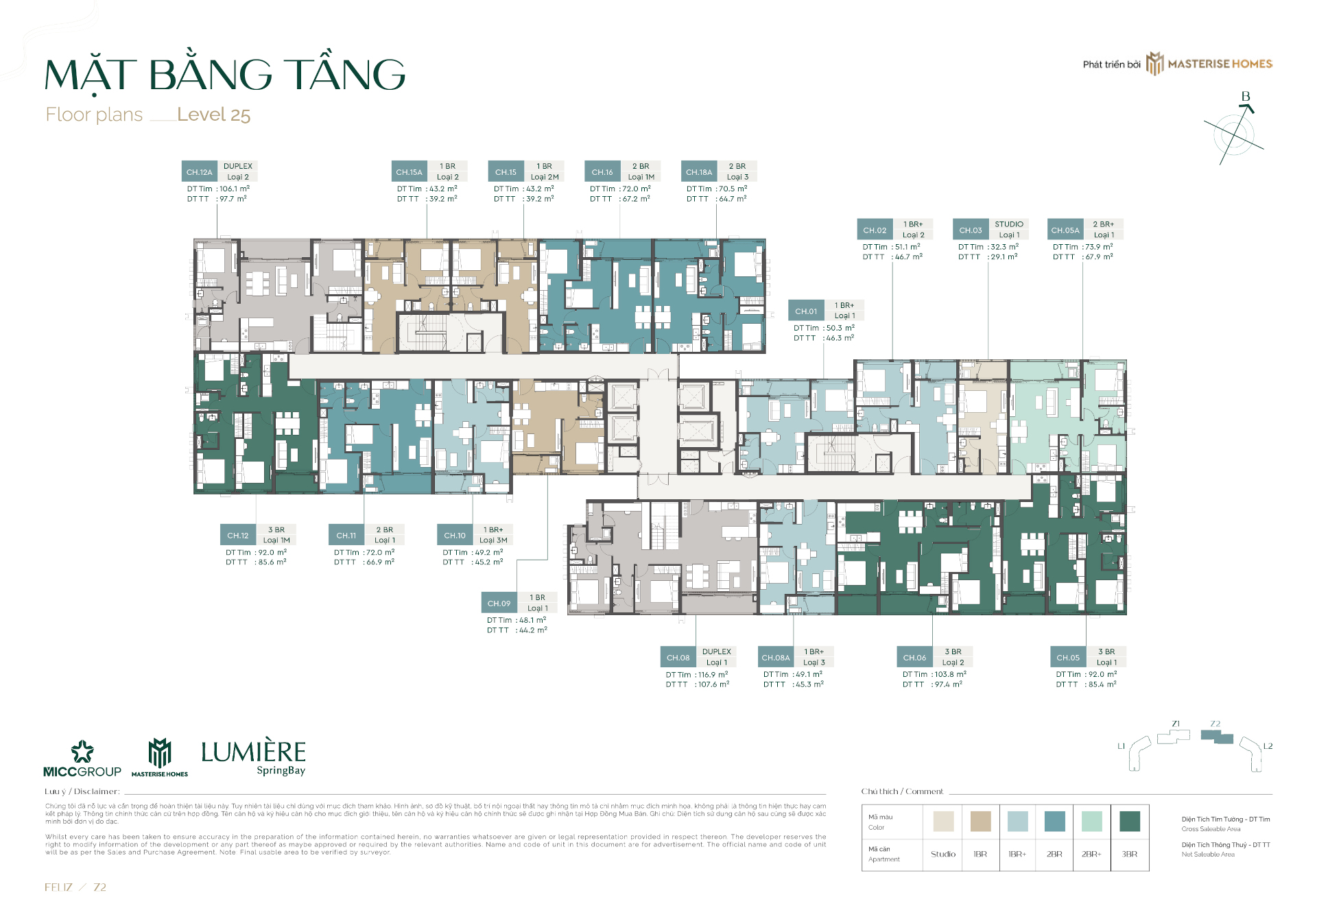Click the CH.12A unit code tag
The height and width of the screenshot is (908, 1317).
[x=200, y=172]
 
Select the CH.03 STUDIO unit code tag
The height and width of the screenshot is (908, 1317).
[x=971, y=230]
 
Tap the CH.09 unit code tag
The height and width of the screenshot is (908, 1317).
[x=499, y=604]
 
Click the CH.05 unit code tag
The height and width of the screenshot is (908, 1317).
[x=1068, y=658]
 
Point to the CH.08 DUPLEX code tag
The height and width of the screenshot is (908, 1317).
[x=678, y=658]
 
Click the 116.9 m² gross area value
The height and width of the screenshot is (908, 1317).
[x=713, y=675]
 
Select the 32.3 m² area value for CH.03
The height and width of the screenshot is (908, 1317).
[x=1004, y=247]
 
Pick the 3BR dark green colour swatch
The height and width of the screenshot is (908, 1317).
[x=1129, y=821]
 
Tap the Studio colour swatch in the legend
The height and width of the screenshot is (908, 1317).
[x=943, y=821]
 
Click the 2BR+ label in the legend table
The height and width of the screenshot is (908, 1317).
[x=1091, y=855]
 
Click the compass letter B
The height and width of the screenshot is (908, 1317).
[x=1246, y=97]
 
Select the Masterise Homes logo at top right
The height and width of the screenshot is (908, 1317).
[x=1211, y=64]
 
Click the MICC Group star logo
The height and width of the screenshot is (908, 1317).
[x=82, y=752]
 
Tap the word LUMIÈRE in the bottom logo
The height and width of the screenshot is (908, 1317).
[x=253, y=752]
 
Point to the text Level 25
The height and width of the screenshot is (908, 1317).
[x=213, y=115]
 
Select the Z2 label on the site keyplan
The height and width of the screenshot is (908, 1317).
[x=1215, y=724]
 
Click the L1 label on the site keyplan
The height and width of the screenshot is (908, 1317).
[x=1122, y=746]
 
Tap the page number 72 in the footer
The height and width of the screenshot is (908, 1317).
[x=100, y=887]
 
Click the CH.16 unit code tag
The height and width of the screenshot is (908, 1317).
[x=602, y=172]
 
